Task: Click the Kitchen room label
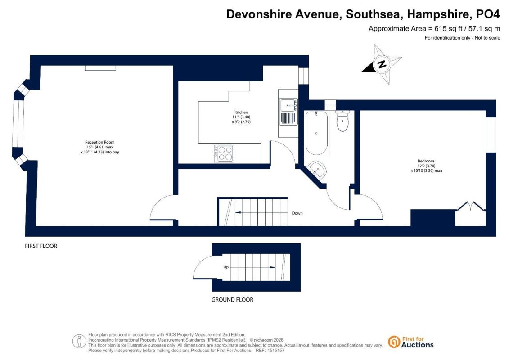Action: click(241, 112)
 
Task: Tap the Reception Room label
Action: click(99, 142)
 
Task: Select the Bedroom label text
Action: click(426, 161)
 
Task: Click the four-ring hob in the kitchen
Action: click(224, 153)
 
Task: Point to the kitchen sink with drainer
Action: click(288, 112)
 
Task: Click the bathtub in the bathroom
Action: click(316, 133)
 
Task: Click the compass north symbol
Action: click(382, 64)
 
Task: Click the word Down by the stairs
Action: click(297, 213)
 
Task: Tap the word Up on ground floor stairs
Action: click(226, 267)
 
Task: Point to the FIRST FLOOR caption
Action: click(41, 246)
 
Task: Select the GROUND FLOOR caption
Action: click(232, 300)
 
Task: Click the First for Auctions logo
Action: click(410, 342)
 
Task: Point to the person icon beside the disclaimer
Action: click(79, 342)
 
